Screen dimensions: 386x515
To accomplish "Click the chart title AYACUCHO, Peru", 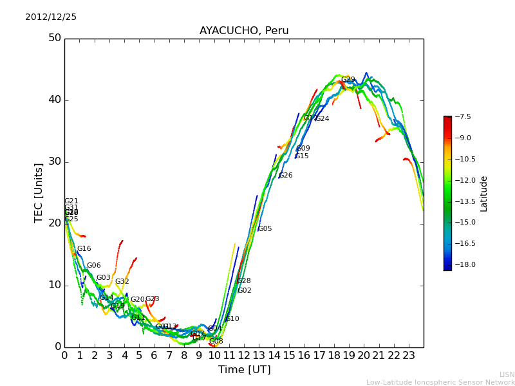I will (x=244, y=31).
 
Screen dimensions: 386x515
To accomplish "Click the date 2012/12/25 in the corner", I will (x=51, y=17).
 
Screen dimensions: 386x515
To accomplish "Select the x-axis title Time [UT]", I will (x=244, y=370).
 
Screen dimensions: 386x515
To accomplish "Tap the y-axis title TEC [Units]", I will (x=39, y=193).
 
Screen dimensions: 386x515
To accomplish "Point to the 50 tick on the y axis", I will (x=55, y=39).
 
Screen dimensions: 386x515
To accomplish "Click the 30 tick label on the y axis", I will (x=55, y=162).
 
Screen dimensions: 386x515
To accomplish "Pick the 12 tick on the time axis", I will (x=244, y=355).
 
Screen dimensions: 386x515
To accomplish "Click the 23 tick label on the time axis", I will (x=409, y=355).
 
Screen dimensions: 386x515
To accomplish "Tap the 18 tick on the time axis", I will (x=334, y=355).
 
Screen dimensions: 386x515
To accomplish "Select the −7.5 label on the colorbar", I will (x=463, y=117).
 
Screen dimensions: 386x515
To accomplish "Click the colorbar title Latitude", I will (x=484, y=194).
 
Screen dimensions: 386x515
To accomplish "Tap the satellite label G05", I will (x=265, y=229).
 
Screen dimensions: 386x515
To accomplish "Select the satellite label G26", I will (x=285, y=176).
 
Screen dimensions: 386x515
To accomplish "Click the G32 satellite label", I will (x=122, y=282).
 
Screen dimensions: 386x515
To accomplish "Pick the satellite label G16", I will (x=84, y=249).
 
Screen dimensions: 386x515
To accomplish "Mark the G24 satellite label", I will (x=322, y=119).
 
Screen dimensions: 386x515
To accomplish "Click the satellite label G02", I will (x=245, y=291).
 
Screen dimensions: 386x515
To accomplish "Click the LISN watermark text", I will (x=507, y=374).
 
